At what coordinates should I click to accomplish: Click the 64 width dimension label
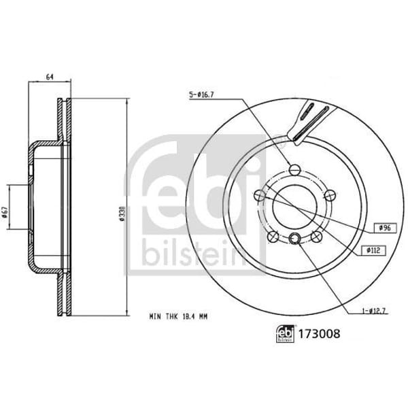click(x=50, y=77)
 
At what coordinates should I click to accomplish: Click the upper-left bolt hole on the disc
click(x=259, y=196)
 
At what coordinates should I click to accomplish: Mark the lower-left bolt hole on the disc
click(x=273, y=237)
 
